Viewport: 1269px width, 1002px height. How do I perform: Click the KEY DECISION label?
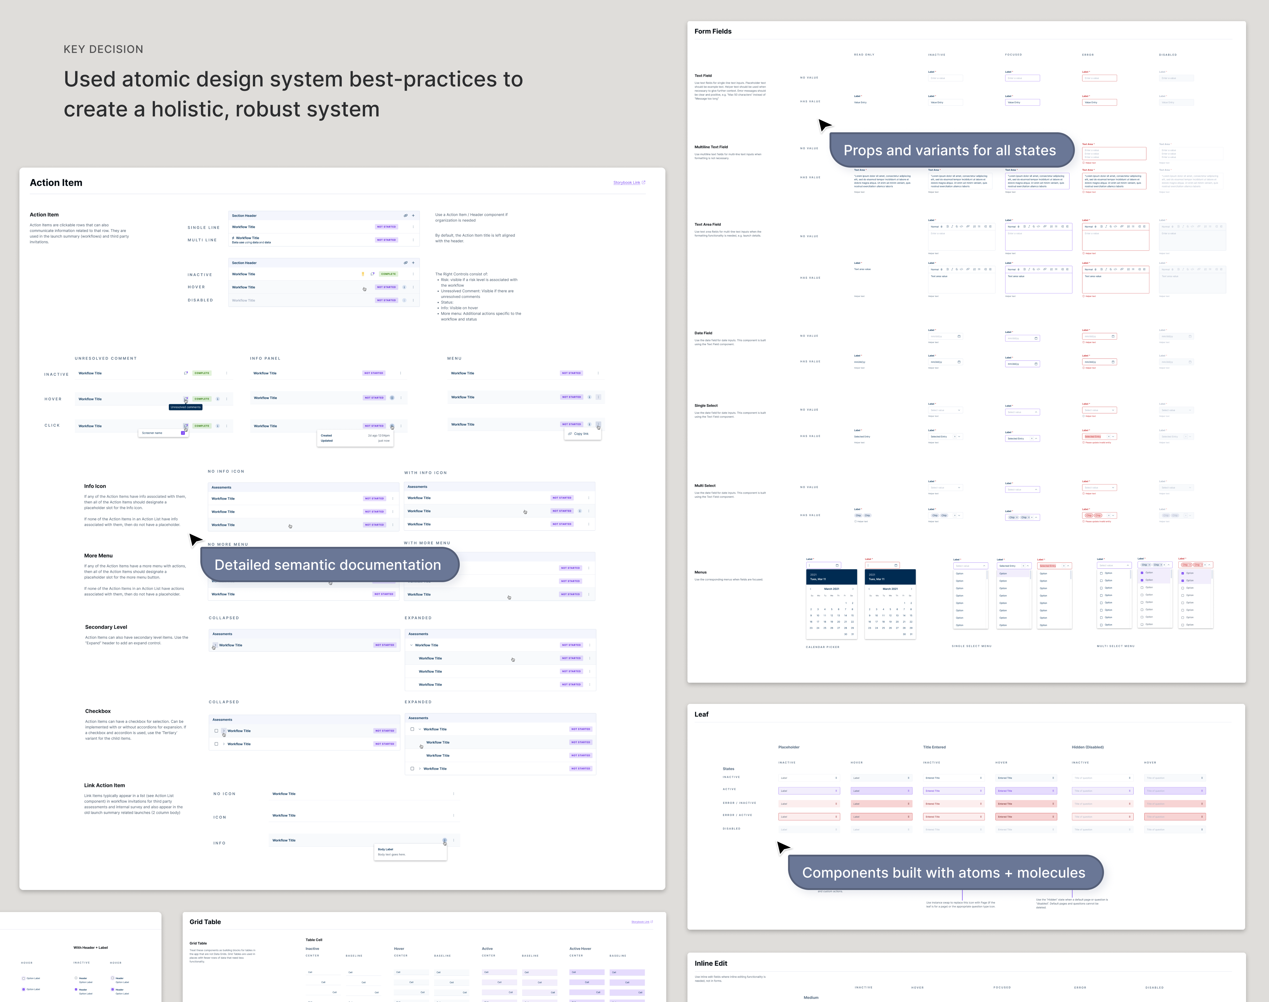click(103, 49)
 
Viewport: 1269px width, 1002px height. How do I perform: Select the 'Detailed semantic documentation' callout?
click(327, 564)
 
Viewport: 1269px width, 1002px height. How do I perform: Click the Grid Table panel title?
click(205, 922)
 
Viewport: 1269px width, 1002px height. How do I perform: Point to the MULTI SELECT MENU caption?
click(1115, 646)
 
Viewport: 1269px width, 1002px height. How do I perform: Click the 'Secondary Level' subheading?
click(106, 627)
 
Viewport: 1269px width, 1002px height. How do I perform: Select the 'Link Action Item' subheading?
click(104, 785)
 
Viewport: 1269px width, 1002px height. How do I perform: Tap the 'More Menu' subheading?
click(98, 556)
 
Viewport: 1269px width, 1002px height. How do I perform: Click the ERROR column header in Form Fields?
click(1088, 55)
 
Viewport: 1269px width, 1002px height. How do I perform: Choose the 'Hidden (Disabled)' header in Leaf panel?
click(1087, 747)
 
